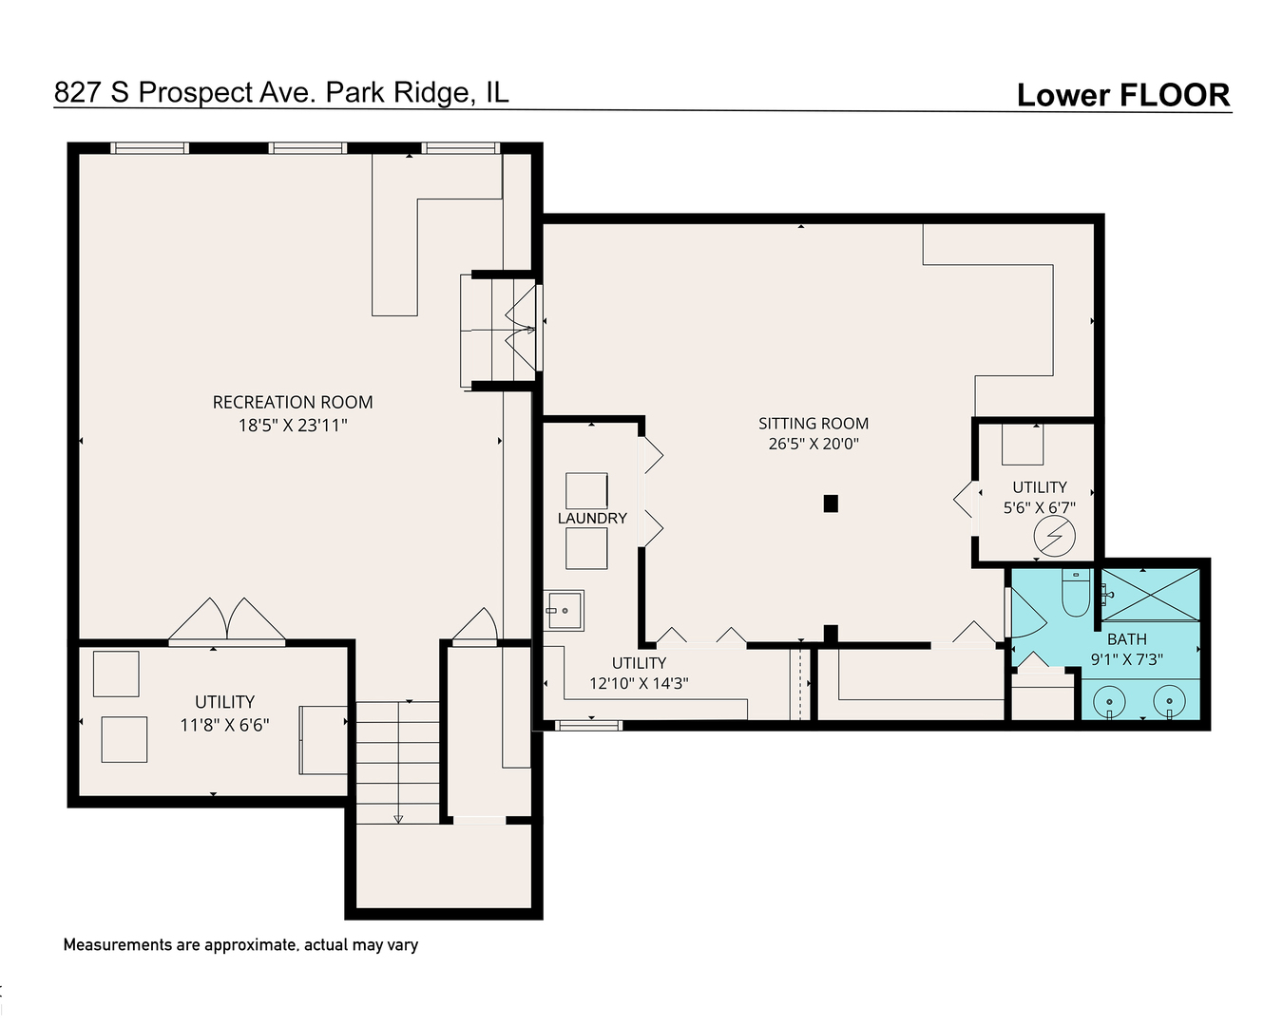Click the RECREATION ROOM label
tap(293, 402)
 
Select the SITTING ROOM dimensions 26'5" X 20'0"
tap(814, 444)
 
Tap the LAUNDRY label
tap(592, 518)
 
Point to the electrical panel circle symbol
tap(1054, 539)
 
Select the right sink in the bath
tap(1168, 703)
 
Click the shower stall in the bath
tap(1151, 595)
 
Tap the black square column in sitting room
tap(831, 503)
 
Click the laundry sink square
tap(565, 611)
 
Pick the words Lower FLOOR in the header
tap(1123, 95)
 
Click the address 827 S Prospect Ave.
tap(280, 92)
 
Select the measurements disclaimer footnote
tap(240, 945)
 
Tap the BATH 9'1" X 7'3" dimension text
tap(1126, 658)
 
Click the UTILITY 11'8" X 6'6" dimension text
tap(225, 725)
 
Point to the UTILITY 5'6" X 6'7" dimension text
tap(1040, 508)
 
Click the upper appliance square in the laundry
tap(586, 490)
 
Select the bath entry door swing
tap(1026, 616)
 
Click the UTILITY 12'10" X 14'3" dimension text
tap(639, 683)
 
